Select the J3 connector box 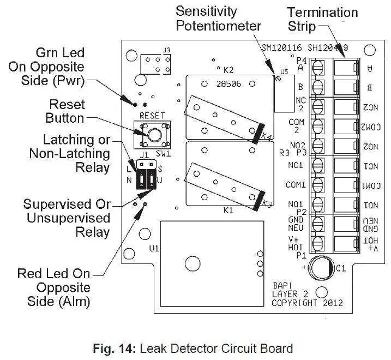point(155,65)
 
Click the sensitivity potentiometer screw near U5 point(279,79)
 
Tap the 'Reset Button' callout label point(66,111)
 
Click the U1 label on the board point(154,249)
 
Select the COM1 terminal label point(296,185)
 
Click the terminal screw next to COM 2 point(317,126)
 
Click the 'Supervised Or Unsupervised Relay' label point(67,218)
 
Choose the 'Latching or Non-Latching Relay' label point(69,154)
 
